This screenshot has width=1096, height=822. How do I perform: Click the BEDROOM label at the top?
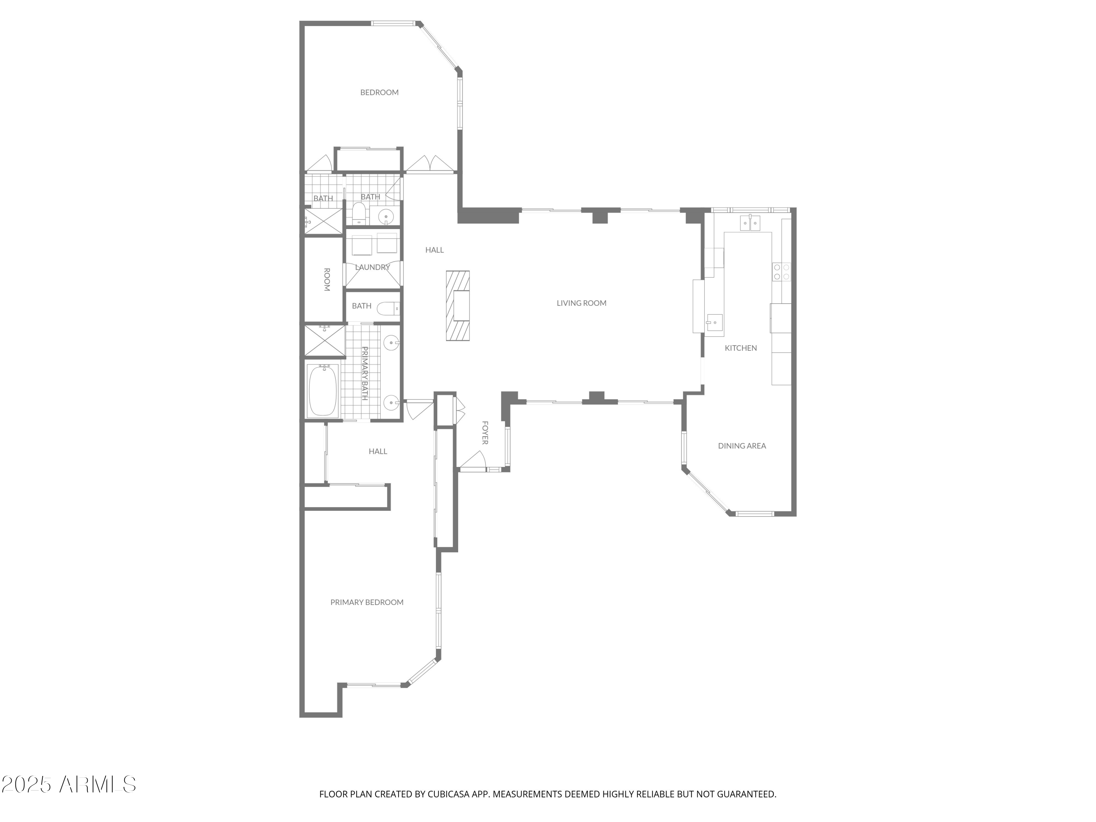pos(379,92)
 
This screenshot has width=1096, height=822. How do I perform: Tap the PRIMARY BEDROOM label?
pos(367,602)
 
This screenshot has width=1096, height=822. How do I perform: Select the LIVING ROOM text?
pos(581,303)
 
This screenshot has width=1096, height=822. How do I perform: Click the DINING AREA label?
pos(742,445)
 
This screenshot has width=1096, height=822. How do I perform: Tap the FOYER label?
pos(485,433)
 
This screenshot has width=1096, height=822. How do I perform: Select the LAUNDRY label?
pos(373,267)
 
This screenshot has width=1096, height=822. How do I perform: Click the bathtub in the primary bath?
pos(323,390)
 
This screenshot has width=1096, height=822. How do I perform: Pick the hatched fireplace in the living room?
pos(457,306)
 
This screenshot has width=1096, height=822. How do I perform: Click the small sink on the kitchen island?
pos(714,322)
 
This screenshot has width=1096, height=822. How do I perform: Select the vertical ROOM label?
pos(327,279)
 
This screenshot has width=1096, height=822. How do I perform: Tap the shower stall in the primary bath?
pos(324,340)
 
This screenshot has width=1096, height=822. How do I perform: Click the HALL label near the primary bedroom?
pos(377,451)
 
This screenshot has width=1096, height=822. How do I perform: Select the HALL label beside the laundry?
pos(434,250)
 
